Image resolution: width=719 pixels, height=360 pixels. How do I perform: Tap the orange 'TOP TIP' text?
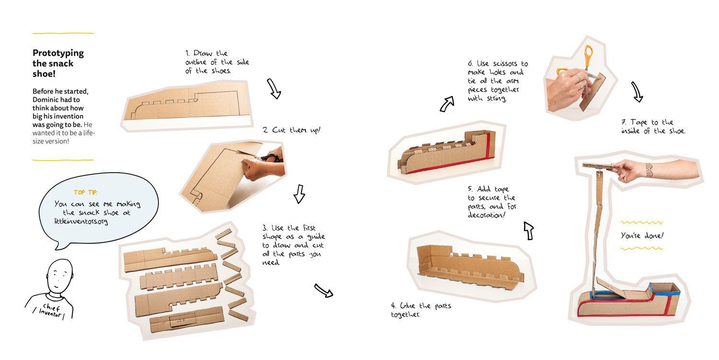point(85,192)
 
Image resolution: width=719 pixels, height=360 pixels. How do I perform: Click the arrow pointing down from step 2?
point(299,194)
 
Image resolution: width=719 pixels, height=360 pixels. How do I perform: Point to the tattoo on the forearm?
point(649,170)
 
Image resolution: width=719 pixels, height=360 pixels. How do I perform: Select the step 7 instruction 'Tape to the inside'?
point(653,127)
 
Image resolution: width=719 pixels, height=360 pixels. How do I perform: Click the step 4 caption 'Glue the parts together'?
point(420,310)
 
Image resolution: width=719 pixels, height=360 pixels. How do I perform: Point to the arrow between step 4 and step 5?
point(529,231)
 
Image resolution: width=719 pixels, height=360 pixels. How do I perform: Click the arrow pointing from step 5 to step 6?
point(447,104)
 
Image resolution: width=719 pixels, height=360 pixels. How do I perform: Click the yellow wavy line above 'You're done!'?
point(641,223)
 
